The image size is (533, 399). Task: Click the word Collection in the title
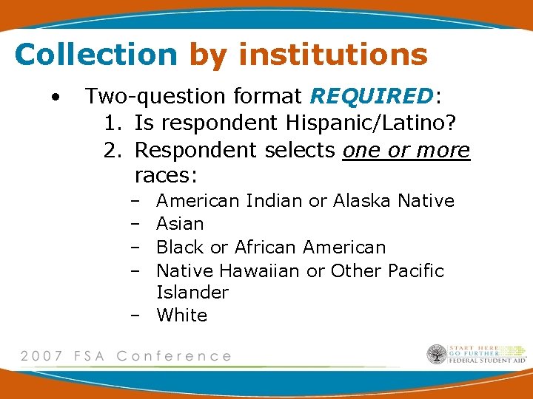(x=96, y=55)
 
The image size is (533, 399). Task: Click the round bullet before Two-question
(x=56, y=97)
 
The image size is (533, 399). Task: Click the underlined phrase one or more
(x=406, y=150)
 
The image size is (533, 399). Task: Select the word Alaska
(x=363, y=200)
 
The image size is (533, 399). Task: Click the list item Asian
(x=180, y=223)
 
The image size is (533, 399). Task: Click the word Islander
(x=192, y=292)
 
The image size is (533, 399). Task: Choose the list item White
(x=182, y=315)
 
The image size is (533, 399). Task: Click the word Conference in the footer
(x=174, y=355)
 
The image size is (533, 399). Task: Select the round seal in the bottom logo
(x=437, y=354)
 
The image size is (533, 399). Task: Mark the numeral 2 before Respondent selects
(x=111, y=150)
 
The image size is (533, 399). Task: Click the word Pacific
(x=415, y=270)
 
